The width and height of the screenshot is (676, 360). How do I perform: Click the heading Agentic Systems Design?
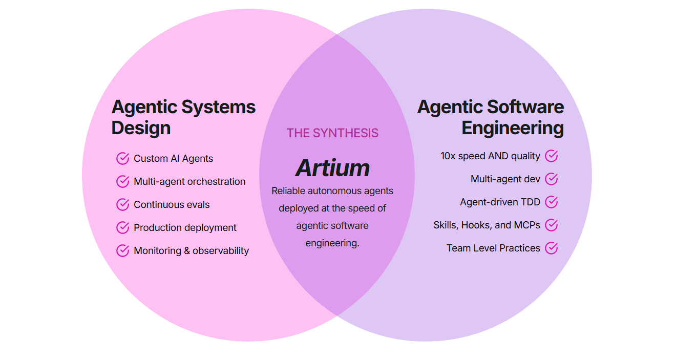click(183, 117)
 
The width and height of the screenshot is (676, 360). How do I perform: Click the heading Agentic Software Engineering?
click(491, 117)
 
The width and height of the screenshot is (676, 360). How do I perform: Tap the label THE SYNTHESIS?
click(332, 133)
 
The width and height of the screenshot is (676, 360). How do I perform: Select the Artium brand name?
click(332, 168)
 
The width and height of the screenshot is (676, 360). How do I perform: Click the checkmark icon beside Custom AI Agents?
click(122, 159)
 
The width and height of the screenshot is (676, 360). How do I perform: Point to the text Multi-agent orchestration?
click(189, 182)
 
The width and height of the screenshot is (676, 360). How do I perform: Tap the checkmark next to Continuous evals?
click(122, 205)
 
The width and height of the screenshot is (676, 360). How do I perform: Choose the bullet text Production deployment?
click(185, 228)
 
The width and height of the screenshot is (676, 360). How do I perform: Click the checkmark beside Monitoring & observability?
click(122, 251)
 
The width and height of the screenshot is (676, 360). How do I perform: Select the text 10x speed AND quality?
click(490, 156)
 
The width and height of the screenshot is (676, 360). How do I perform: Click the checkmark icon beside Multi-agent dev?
click(551, 179)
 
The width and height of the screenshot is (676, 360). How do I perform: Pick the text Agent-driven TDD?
click(500, 202)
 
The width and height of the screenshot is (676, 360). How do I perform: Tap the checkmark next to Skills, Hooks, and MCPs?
click(551, 225)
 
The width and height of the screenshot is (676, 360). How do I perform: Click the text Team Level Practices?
click(493, 248)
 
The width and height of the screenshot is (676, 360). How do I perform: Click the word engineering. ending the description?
click(332, 243)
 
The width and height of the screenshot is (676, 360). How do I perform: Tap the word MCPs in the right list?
click(528, 225)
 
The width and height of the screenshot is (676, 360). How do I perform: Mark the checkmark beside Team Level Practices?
click(551, 248)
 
